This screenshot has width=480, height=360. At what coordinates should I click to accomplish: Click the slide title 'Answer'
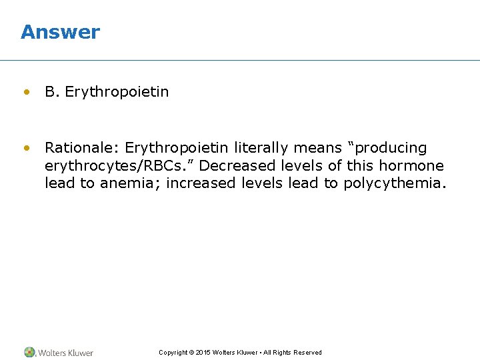pos(60,32)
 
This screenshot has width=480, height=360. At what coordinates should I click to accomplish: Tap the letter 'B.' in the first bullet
pos(52,92)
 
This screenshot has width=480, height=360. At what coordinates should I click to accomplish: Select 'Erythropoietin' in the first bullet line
pos(117,92)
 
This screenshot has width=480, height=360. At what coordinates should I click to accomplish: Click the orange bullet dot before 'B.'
pos(26,92)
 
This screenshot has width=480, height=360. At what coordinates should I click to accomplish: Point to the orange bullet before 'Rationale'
pos(26,147)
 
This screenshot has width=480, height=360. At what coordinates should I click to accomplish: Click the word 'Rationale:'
pos(82,147)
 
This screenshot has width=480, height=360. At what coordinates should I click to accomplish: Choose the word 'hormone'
pos(411,165)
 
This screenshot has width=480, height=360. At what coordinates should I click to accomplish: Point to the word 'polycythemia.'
pos(393,183)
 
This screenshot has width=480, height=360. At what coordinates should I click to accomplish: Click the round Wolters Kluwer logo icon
pos(29,352)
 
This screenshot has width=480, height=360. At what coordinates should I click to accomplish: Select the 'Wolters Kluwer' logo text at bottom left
pos(65,353)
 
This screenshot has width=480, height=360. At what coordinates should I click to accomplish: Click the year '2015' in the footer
pos(203,353)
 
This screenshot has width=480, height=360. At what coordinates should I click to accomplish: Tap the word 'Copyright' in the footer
pos(173,353)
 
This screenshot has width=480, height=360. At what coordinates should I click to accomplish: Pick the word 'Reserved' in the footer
pos(307,353)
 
